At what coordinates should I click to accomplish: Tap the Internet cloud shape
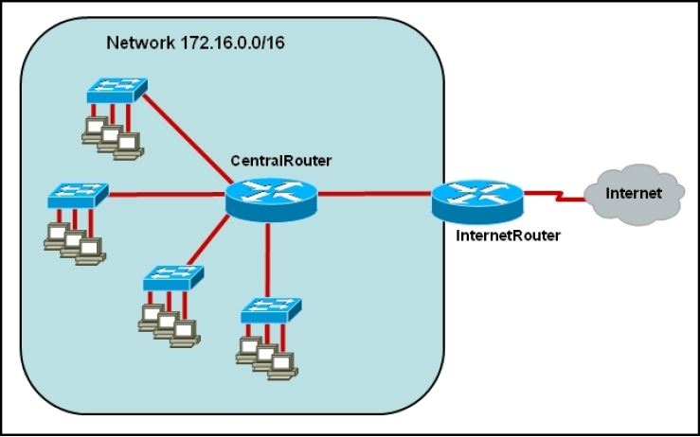point(633,193)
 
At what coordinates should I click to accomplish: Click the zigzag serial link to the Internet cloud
point(552,196)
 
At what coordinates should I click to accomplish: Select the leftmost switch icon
point(79,196)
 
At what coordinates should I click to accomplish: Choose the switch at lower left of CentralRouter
point(172,278)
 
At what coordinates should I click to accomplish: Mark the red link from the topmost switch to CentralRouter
point(189,137)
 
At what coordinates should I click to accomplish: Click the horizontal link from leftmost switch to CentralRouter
point(166,196)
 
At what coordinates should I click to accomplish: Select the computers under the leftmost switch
point(74,240)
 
